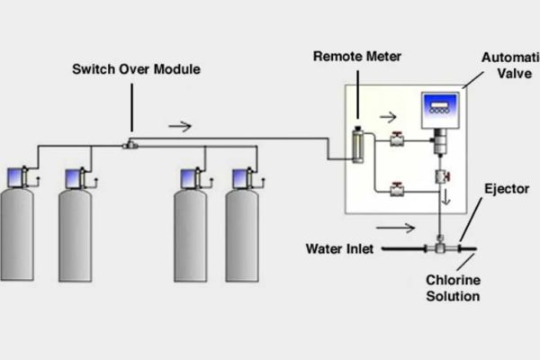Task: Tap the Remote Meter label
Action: (356, 56)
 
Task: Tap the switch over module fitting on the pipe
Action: (131, 142)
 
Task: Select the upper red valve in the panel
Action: (395, 139)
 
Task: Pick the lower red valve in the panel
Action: (395, 188)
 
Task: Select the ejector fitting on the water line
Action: (440, 244)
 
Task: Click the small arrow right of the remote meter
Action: (387, 116)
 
